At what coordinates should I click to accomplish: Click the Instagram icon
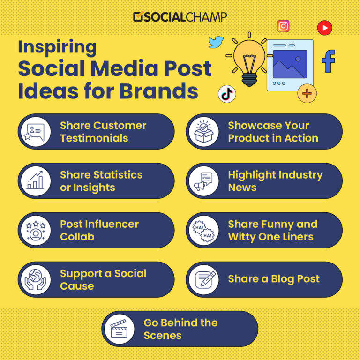pos(283,26)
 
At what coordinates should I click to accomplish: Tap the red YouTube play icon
pos(324,28)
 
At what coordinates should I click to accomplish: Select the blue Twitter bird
pos(216,42)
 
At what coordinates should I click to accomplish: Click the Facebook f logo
pos(329,61)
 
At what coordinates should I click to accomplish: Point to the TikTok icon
pos(227,94)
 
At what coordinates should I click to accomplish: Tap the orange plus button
pos(307,93)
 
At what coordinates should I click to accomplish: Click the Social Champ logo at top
pos(180,17)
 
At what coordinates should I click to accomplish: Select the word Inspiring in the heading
pos(57,47)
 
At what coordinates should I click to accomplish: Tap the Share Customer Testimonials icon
pos(36,132)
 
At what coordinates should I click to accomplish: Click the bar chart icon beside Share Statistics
pos(36,181)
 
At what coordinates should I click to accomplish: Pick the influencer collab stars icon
pos(36,230)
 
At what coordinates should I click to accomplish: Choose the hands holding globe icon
pos(36,280)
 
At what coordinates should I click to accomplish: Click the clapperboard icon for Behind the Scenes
pos(119,329)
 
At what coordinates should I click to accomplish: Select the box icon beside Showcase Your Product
pos(203,132)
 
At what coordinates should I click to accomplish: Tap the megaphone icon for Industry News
pos(203,181)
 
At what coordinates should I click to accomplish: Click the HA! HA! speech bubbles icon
pos(203,230)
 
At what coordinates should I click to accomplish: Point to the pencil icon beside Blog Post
pos(203,280)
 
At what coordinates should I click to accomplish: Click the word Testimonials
pos(94,138)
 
